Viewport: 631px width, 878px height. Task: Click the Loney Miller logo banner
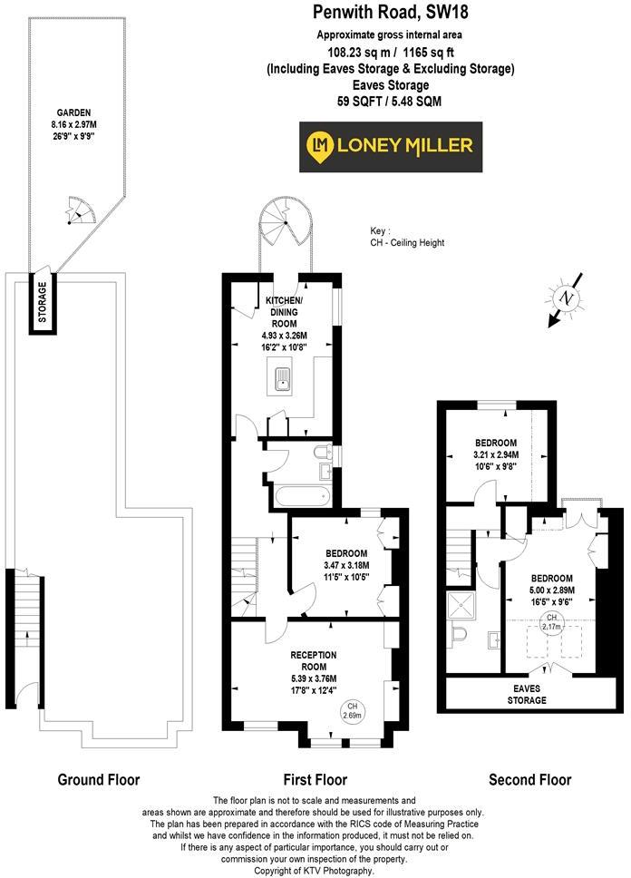(x=391, y=147)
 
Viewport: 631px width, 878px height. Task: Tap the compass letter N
(x=568, y=298)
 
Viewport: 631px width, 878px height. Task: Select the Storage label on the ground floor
(x=42, y=302)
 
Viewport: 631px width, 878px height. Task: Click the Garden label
(x=73, y=112)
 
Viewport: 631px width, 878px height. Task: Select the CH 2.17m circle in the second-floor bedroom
(x=551, y=622)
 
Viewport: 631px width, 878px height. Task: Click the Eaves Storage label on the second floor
(x=527, y=695)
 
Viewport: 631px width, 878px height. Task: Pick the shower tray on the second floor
(x=461, y=605)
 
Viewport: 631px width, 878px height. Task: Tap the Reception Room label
(x=314, y=660)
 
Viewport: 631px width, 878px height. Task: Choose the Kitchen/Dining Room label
(x=285, y=312)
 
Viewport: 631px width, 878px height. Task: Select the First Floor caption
(x=315, y=779)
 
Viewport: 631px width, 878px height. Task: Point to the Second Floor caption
(x=529, y=779)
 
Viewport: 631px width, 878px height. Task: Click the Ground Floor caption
(x=99, y=779)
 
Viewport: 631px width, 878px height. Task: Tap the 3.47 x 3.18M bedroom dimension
(x=346, y=565)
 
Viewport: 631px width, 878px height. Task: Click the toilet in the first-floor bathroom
(x=323, y=452)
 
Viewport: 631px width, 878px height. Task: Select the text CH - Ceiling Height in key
(x=407, y=242)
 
